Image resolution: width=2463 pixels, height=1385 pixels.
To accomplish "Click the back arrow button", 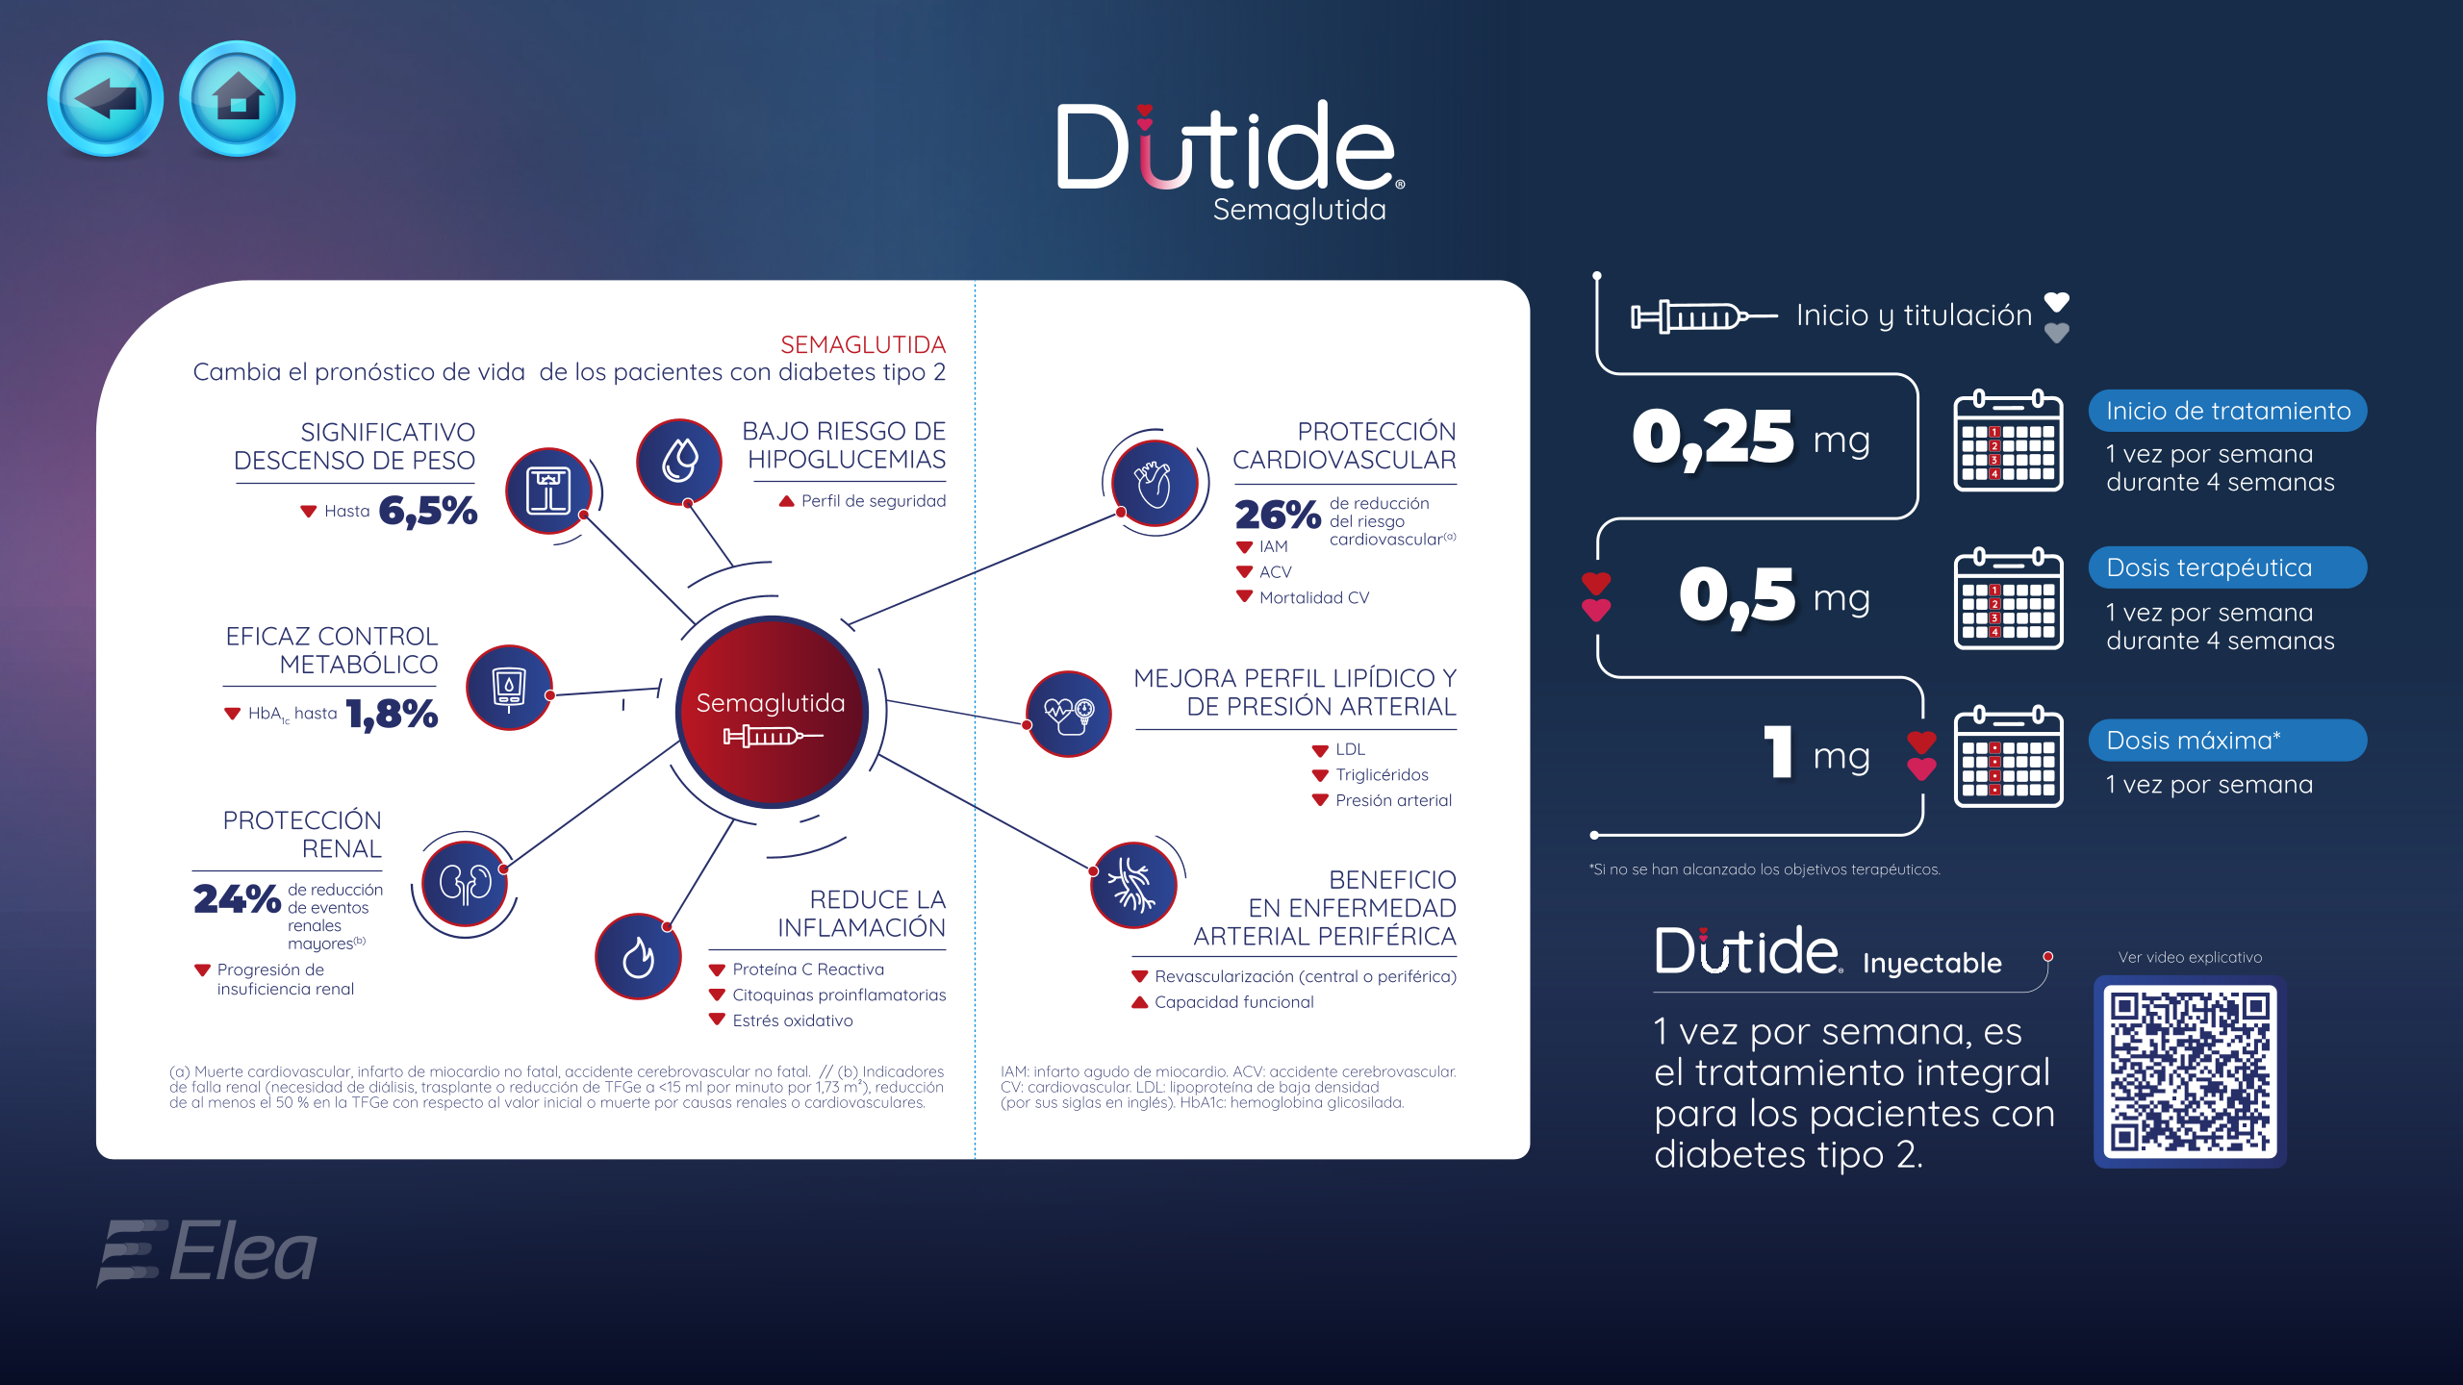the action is (105, 98).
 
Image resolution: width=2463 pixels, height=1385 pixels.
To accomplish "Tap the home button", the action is (238, 98).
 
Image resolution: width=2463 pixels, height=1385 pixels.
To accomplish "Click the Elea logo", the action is (207, 1251).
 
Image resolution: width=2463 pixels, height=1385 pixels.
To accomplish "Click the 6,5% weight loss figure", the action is (428, 511).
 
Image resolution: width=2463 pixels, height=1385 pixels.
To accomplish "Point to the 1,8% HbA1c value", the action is (393, 714).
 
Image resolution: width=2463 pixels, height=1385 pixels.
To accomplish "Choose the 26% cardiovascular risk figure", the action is (1278, 515).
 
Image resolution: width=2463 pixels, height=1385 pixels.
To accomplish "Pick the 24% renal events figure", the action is (237, 899).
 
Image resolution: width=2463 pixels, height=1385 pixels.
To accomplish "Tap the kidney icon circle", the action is (466, 884).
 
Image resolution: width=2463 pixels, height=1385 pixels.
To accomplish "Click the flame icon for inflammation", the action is (638, 956).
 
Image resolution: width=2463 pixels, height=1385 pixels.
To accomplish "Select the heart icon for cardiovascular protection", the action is (1155, 483).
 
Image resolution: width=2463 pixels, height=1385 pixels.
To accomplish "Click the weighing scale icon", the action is (548, 491).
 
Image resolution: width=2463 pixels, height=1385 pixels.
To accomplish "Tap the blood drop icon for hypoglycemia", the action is (679, 462).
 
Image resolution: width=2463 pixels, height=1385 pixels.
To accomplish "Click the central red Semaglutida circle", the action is (772, 712).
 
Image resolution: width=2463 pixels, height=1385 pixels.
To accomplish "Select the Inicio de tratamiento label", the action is (2227, 411).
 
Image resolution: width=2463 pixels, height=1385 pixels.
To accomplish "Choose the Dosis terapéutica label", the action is (2227, 567).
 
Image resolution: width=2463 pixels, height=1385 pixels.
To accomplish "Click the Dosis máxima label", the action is (2227, 741).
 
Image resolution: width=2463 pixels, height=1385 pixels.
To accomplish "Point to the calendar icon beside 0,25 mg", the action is (2009, 441).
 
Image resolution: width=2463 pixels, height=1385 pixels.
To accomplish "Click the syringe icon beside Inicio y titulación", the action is (1704, 315).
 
